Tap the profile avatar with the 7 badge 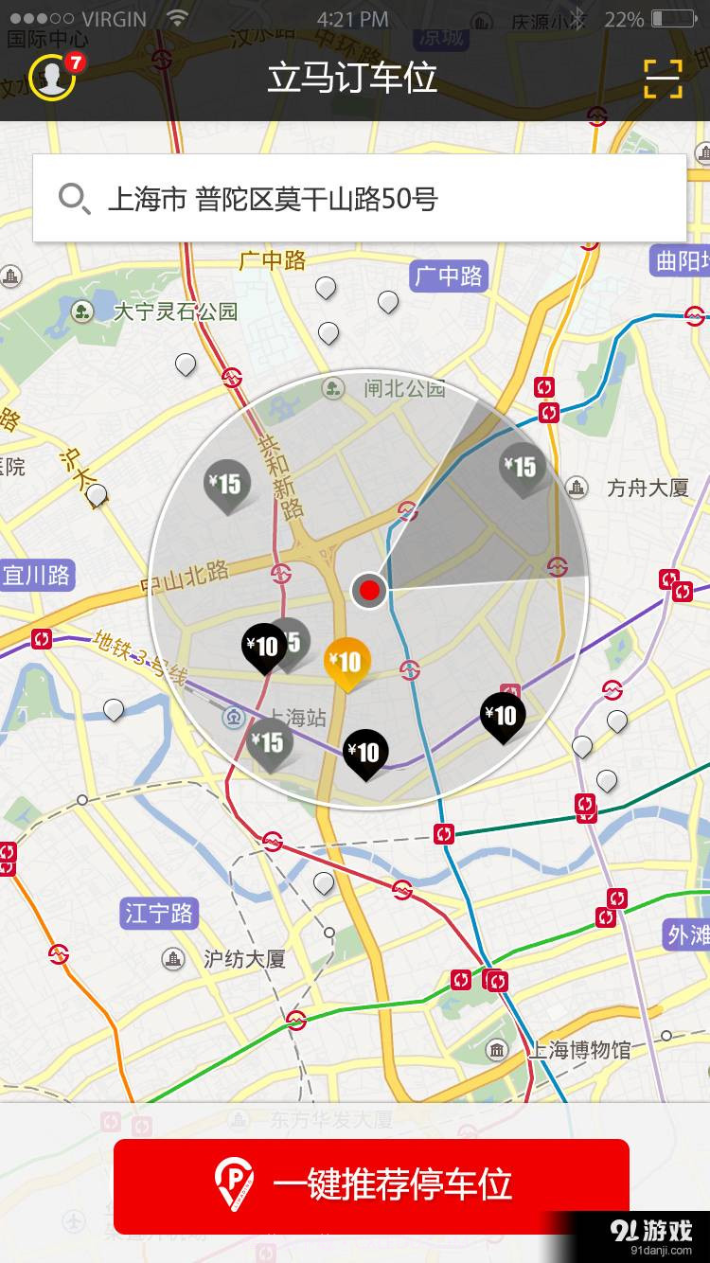[x=52, y=77]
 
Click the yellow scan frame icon [x=663, y=78]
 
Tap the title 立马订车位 [x=352, y=78]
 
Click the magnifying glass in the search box [x=74, y=199]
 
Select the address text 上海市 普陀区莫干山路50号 [x=274, y=199]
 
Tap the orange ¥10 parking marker [x=347, y=662]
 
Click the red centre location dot [x=369, y=591]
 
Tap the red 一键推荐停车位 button [x=371, y=1185]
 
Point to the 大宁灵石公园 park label [x=175, y=311]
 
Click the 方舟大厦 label [x=648, y=488]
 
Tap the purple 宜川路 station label [x=36, y=575]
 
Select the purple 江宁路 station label [x=158, y=914]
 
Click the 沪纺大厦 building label [x=244, y=959]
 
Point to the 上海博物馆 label [x=578, y=1049]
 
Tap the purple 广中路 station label [x=449, y=276]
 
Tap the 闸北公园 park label [x=404, y=387]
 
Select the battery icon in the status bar [x=674, y=19]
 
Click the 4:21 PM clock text [x=352, y=19]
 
